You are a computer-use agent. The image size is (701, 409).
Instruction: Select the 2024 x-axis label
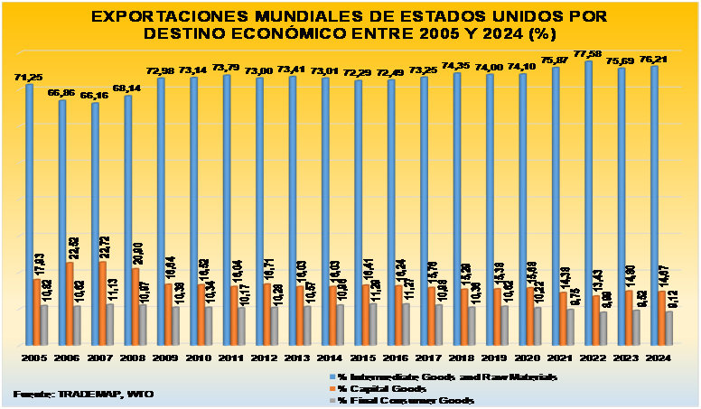click(657, 358)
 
